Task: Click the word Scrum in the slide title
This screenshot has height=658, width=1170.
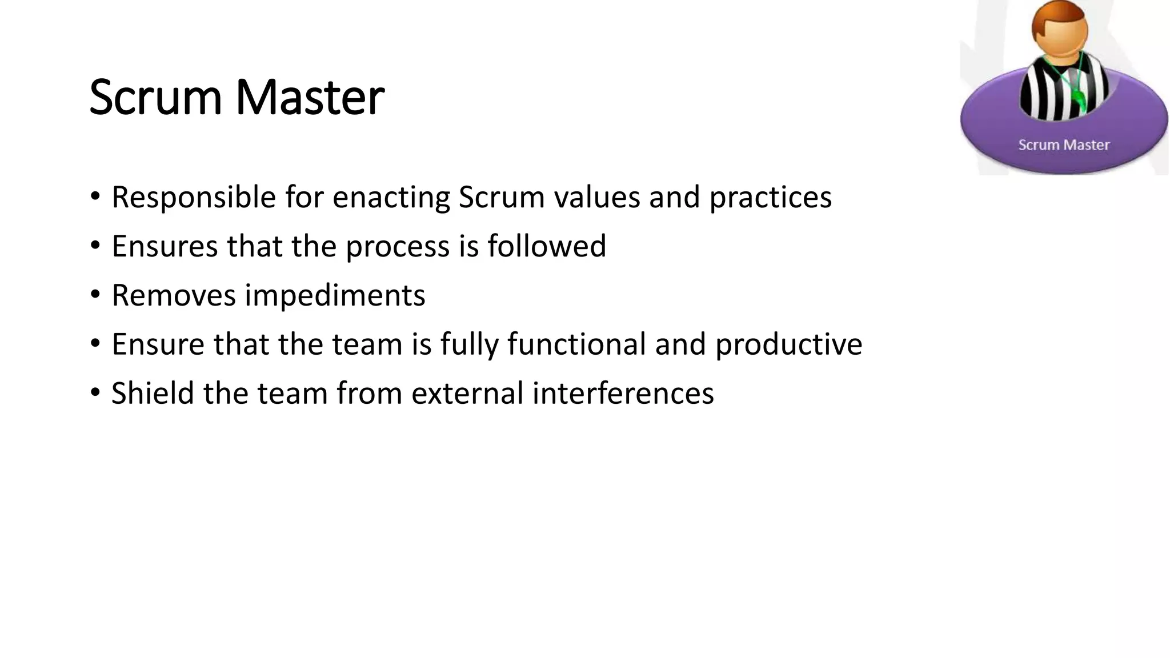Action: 155,98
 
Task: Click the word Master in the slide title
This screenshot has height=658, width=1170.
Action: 310,98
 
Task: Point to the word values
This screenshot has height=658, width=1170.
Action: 596,198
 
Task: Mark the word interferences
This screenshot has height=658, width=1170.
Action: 623,394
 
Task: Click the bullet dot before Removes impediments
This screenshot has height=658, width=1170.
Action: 95,295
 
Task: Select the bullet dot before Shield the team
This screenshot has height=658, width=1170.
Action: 95,393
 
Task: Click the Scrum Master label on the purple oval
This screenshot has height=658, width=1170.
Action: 1064,145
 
